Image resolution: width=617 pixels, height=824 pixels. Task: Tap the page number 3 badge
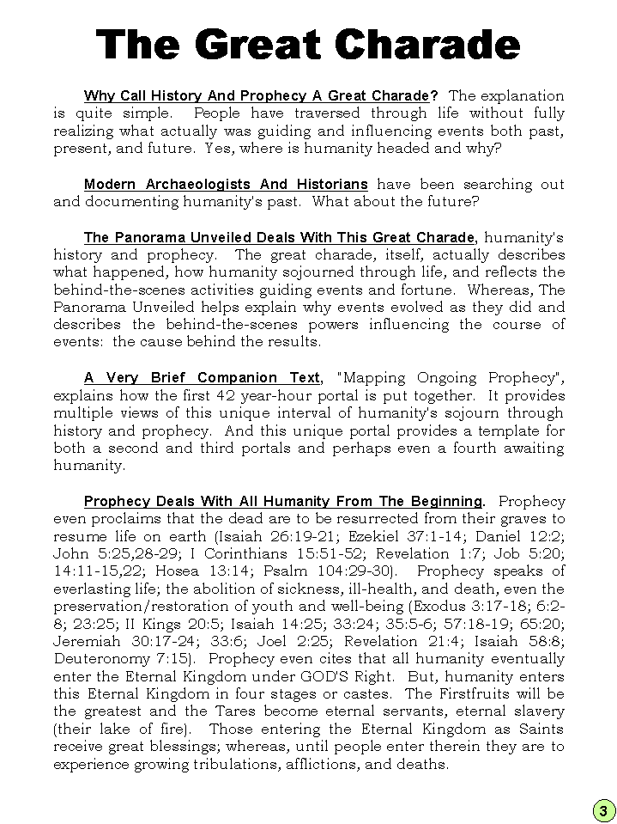click(602, 810)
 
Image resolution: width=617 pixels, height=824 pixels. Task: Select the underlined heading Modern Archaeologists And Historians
click(226, 184)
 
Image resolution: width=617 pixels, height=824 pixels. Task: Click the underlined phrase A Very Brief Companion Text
click(203, 378)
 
